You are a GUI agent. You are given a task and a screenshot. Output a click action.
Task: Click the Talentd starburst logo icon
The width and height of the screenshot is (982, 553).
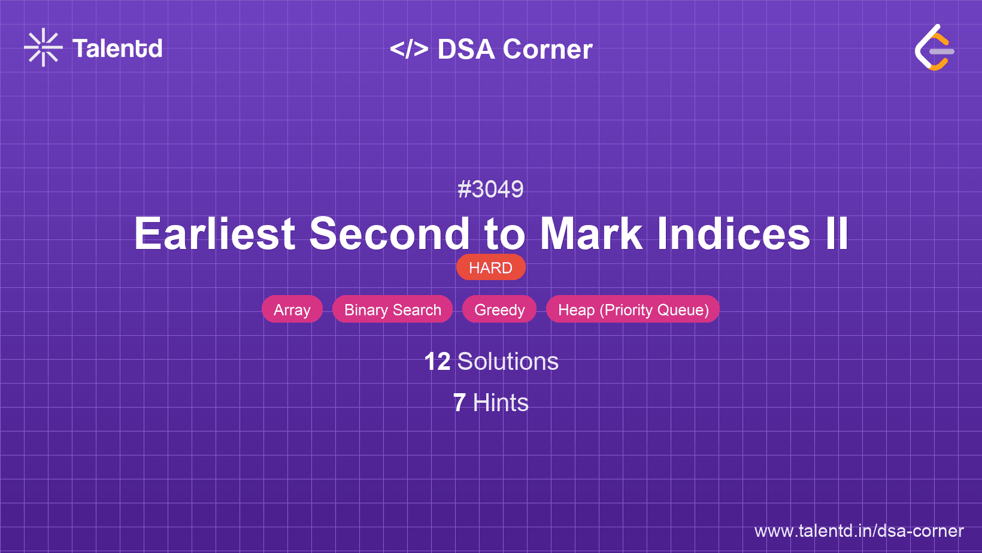tap(43, 47)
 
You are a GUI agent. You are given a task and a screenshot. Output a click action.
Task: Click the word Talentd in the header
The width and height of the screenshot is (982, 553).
tap(117, 48)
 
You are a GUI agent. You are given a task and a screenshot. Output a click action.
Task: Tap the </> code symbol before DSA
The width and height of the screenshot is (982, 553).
tap(409, 49)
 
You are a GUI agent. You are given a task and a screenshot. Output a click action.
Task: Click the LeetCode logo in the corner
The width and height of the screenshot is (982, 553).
tap(933, 47)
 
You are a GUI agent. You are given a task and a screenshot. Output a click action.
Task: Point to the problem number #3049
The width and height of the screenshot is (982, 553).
tap(490, 189)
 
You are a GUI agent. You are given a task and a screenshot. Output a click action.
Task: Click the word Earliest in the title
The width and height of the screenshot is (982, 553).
tap(214, 233)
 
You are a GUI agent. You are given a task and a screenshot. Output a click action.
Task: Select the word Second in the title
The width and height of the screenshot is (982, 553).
tap(390, 233)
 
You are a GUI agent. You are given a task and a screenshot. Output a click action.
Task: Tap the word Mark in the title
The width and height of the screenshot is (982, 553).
tap(592, 233)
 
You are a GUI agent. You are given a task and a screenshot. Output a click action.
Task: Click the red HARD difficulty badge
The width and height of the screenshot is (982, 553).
tap(490, 268)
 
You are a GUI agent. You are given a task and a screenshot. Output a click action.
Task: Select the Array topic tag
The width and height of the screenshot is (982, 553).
tap(292, 309)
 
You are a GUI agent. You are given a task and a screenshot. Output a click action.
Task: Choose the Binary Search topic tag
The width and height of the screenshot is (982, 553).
tap(392, 309)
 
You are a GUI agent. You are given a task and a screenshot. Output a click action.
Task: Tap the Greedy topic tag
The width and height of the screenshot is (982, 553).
tap(499, 309)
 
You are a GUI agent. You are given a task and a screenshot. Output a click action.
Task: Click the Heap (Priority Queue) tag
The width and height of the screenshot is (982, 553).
tap(633, 309)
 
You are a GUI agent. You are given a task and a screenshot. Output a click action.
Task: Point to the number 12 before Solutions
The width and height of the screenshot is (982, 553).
tap(437, 361)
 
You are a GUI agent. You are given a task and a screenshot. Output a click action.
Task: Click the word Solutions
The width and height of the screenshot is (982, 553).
tap(508, 361)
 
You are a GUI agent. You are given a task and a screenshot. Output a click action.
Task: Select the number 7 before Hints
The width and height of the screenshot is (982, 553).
tap(459, 403)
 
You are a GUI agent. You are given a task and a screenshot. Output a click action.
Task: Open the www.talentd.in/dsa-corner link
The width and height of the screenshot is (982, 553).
tap(859, 531)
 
